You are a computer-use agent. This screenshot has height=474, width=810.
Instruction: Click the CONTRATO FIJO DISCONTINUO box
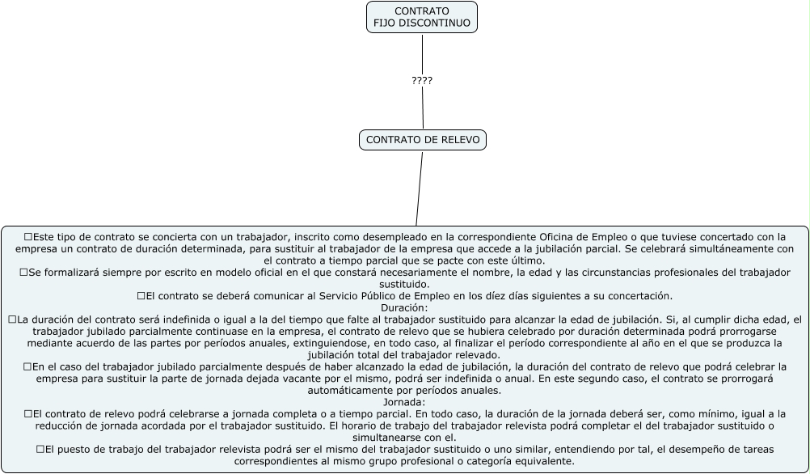[422, 17]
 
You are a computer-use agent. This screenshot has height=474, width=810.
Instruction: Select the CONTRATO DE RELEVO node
[423, 140]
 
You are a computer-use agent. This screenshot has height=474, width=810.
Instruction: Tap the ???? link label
[422, 81]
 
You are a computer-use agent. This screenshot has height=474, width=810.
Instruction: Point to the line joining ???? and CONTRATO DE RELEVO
[422, 109]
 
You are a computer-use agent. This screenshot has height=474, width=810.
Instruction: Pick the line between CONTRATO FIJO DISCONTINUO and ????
[422, 53]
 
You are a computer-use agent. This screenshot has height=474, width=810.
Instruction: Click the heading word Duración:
[404, 307]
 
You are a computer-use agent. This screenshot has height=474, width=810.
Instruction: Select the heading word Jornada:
[404, 402]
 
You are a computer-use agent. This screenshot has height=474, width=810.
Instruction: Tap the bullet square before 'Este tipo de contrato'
[28, 237]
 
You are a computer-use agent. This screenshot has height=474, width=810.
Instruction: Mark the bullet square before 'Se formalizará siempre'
[23, 273]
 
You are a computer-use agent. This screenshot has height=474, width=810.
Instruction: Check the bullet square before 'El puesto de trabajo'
[40, 449]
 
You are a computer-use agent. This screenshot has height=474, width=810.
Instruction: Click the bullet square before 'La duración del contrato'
[12, 320]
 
